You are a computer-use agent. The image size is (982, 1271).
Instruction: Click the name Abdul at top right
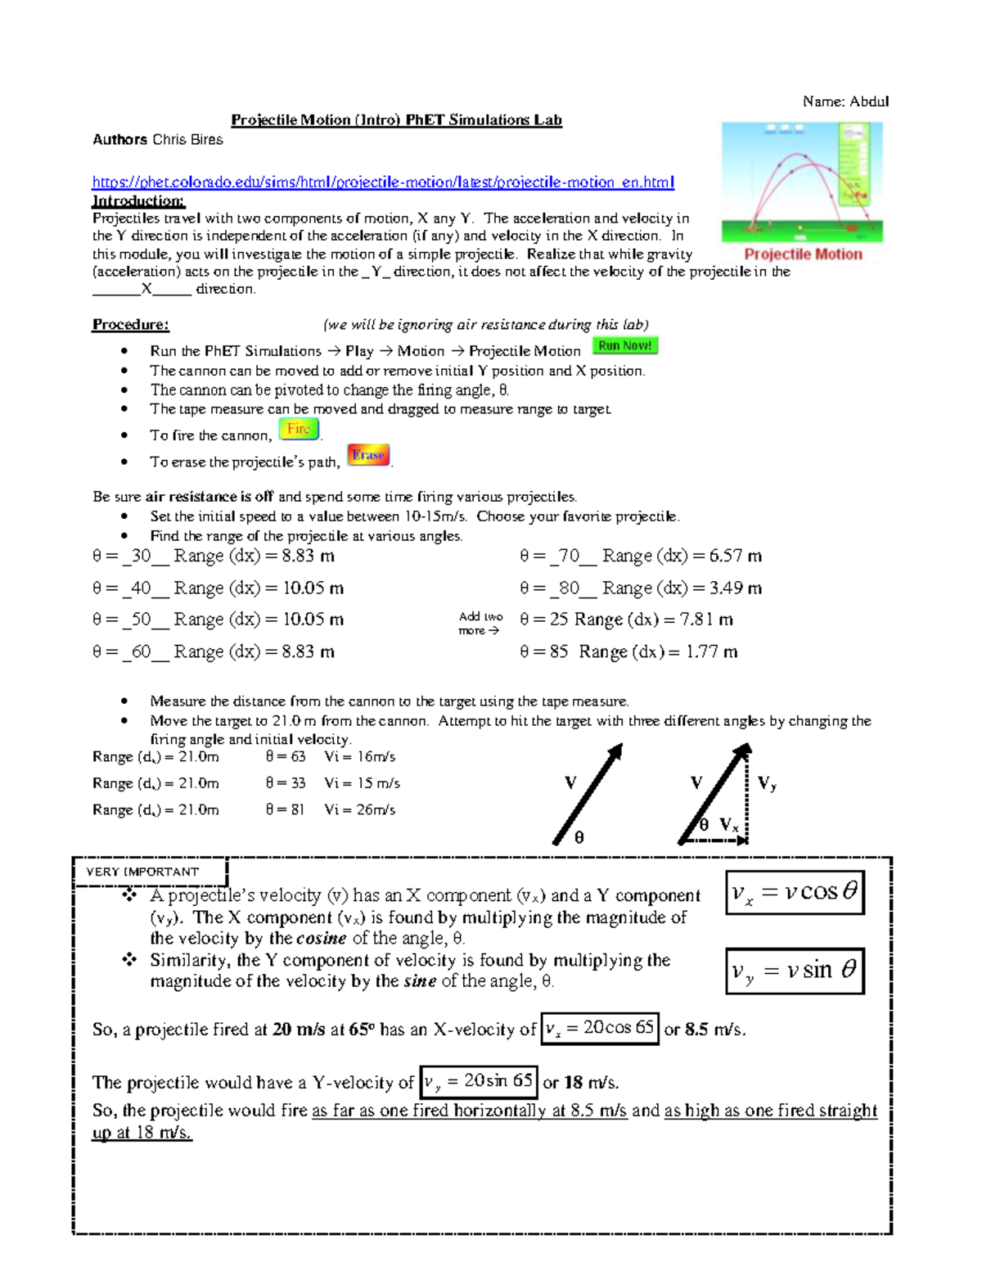pyautogui.click(x=868, y=101)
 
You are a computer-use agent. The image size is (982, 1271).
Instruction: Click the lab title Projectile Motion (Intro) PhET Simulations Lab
pyautogui.click(x=396, y=120)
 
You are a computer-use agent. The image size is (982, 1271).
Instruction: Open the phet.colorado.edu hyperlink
pyautogui.click(x=383, y=182)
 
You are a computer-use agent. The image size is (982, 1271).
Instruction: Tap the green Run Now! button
pyautogui.click(x=625, y=346)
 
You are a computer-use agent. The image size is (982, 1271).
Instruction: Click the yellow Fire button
pyautogui.click(x=299, y=429)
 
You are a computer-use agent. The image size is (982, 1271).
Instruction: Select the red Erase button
pyautogui.click(x=368, y=455)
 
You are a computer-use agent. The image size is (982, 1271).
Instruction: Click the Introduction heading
pyautogui.click(x=138, y=201)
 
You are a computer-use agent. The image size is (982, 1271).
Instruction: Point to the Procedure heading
pyautogui.click(x=130, y=325)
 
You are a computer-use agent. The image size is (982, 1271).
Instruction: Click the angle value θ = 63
pyautogui.click(x=285, y=757)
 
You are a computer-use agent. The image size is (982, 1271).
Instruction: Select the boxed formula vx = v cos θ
pyautogui.click(x=795, y=892)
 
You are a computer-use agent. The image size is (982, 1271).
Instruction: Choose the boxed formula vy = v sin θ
pyautogui.click(x=795, y=971)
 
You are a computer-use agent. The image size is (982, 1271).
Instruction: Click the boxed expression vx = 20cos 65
pyautogui.click(x=600, y=1029)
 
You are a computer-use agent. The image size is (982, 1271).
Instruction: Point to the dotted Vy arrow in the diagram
pyautogui.click(x=748, y=794)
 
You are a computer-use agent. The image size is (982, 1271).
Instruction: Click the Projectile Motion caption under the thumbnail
pyautogui.click(x=803, y=255)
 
